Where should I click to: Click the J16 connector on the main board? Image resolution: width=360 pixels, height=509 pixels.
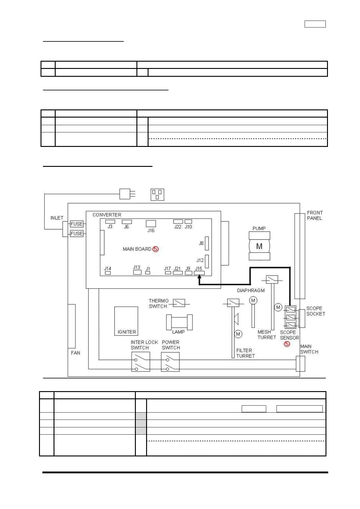151,223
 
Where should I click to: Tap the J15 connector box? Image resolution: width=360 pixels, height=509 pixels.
199,273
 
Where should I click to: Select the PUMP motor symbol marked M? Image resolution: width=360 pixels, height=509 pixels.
259,246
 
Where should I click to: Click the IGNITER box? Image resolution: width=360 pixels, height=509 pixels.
126,321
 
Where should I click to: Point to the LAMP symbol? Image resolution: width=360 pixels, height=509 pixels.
179,322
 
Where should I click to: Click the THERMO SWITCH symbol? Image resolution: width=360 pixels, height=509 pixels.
179,303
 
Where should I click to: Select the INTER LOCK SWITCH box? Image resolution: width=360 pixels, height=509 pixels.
141,362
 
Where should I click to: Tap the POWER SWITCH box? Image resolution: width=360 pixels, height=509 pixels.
170,362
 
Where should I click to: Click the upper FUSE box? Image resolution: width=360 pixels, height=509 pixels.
77,224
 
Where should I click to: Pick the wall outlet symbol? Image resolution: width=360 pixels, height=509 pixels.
157,195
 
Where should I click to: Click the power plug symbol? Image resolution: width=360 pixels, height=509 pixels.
127,194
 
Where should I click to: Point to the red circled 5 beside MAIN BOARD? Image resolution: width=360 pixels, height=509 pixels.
155,249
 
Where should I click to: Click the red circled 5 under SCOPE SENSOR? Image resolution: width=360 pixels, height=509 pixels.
287,344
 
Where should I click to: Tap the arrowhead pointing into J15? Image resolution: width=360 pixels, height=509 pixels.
199,277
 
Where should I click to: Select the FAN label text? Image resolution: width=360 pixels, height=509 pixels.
76,353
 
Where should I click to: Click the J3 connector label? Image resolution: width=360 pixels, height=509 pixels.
110,227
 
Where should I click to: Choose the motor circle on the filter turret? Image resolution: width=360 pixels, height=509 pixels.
238,334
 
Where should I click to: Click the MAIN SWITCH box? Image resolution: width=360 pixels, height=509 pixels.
300,364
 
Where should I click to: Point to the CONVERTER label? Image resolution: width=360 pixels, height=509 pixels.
107,215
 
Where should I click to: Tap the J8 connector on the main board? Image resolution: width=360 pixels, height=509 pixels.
207,243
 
